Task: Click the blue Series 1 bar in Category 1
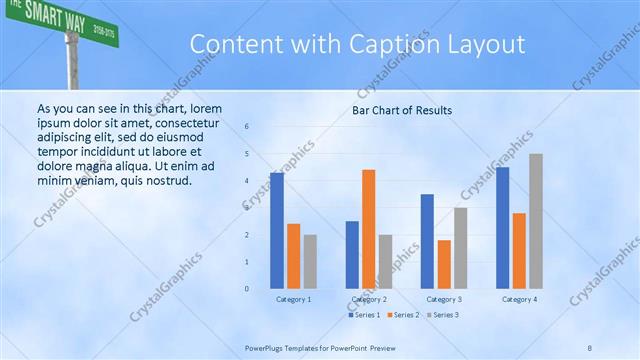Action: [276, 231]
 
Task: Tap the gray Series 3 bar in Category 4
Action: [536, 221]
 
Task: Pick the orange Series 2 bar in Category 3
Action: [444, 264]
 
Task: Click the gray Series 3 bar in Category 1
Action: [310, 262]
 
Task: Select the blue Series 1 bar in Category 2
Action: [352, 255]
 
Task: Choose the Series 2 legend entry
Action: [403, 315]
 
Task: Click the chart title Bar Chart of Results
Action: [402, 110]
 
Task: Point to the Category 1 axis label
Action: [293, 299]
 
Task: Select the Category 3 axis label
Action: [444, 299]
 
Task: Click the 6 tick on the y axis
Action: [247, 127]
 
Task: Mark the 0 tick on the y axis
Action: [247, 289]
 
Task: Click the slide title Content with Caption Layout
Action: [356, 45]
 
